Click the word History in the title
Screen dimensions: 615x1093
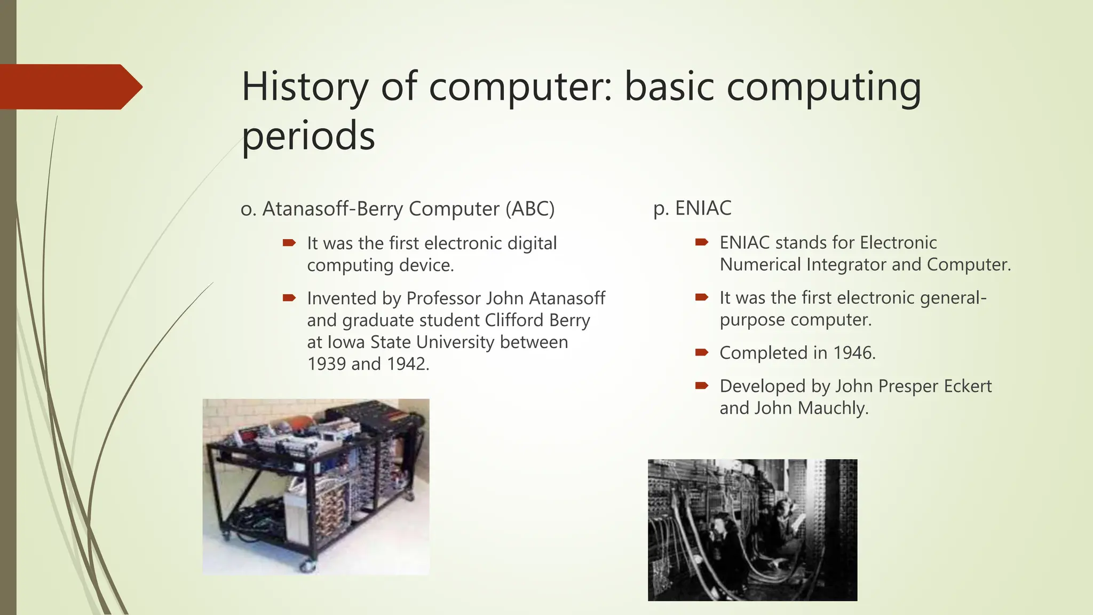[305, 87]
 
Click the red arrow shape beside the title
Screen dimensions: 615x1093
[69, 87]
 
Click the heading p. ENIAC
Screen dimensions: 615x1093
[692, 208]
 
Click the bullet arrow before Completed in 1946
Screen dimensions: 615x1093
[701, 352]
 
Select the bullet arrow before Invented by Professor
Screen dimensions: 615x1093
[289, 298]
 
